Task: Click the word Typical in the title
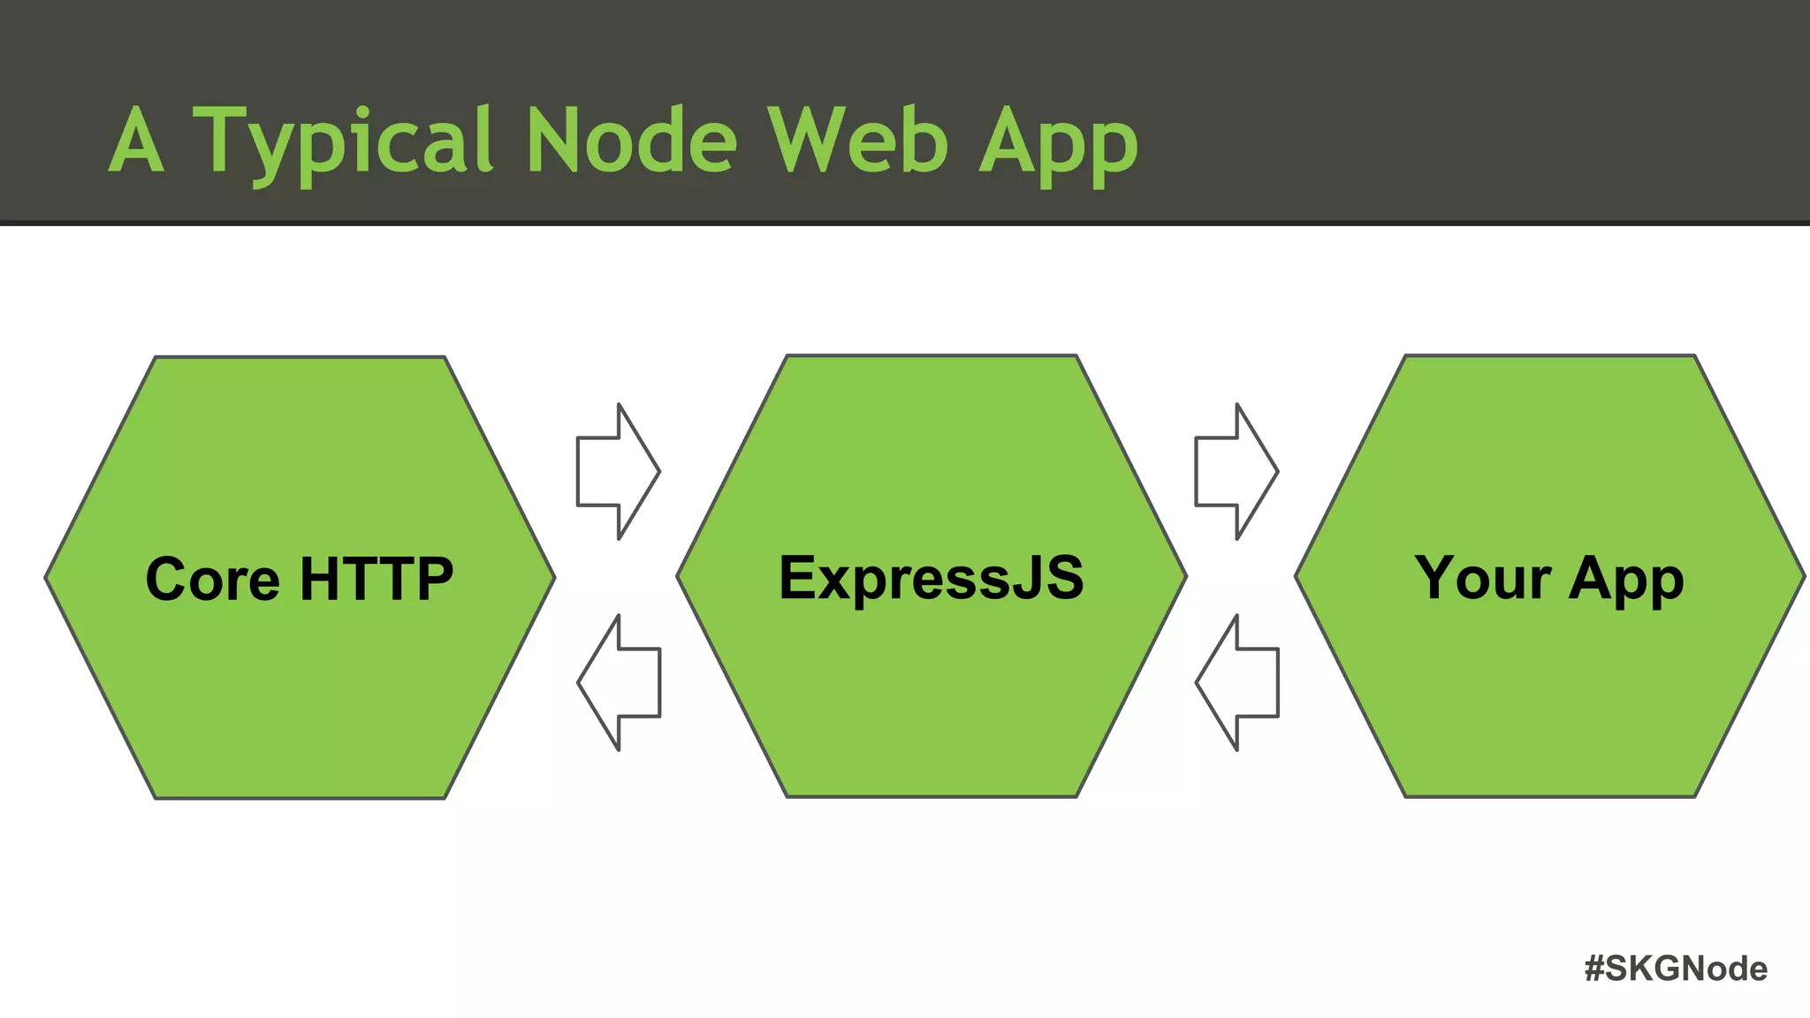(x=343, y=141)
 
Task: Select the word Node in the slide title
(x=631, y=141)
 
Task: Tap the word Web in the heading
(x=857, y=141)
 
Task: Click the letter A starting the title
(x=136, y=141)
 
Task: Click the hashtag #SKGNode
(x=1676, y=969)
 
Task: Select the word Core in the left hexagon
(x=212, y=580)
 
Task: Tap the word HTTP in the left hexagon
(x=376, y=580)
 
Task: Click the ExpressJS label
(x=931, y=578)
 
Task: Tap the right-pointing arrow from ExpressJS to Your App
(x=1236, y=472)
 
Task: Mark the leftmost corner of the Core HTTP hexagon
(x=47, y=578)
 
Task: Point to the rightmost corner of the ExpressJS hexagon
(x=1185, y=577)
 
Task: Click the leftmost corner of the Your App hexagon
(x=1297, y=577)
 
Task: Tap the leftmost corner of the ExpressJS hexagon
(x=678, y=577)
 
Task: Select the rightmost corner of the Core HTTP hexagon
(x=554, y=578)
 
